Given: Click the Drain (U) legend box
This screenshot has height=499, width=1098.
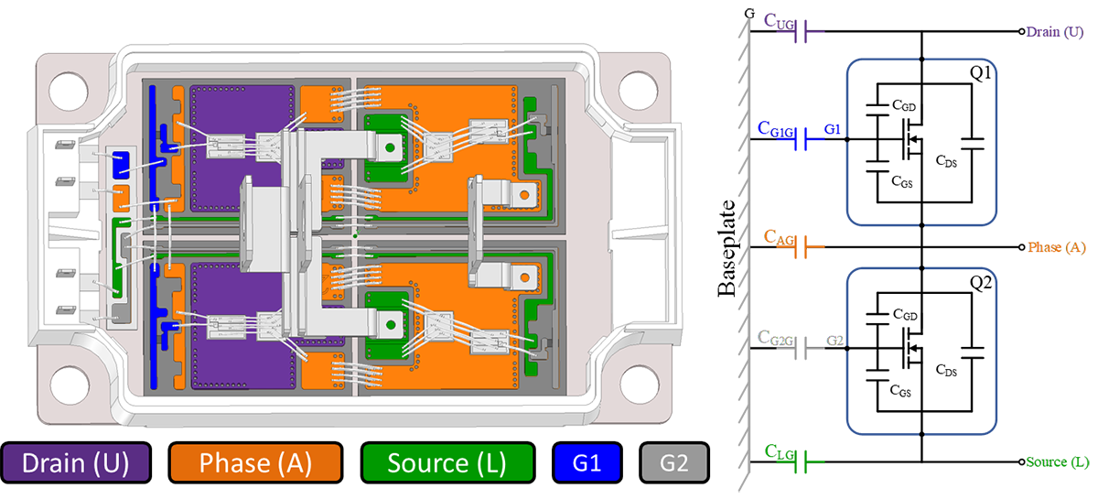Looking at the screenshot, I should click(77, 463).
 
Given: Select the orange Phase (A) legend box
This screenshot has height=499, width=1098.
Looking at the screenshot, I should click(255, 463).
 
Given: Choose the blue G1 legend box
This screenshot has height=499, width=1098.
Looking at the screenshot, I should click(587, 463).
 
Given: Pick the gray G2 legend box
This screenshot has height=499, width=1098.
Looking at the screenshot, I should click(674, 463).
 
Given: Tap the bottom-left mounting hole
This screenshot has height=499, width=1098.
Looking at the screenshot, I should click(67, 384).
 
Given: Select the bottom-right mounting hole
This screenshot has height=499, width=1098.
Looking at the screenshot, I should click(640, 384).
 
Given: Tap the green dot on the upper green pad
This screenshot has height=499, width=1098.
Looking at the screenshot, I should click(391, 146).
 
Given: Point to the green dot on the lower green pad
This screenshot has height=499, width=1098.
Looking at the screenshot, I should click(391, 320).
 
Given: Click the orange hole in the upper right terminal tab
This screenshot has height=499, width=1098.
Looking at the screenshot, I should click(522, 194).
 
